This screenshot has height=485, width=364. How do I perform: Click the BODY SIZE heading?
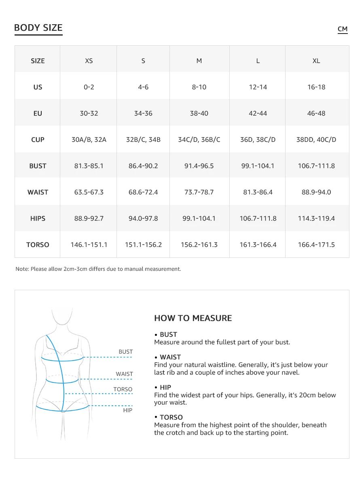[x=38, y=28]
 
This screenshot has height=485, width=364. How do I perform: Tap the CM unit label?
[x=343, y=29]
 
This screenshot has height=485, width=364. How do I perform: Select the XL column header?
[x=316, y=61]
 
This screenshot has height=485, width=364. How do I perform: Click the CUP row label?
[x=38, y=140]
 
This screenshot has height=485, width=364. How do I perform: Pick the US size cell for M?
[x=199, y=87]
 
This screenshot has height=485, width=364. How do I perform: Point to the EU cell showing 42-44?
[x=258, y=114]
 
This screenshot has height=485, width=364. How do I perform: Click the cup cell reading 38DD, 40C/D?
[x=316, y=140]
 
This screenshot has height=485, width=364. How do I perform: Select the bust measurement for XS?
[x=89, y=166]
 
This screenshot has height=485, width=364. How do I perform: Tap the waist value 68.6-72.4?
[x=143, y=192]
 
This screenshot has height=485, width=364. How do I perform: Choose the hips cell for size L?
[x=258, y=219]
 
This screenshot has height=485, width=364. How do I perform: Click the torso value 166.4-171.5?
[x=316, y=245]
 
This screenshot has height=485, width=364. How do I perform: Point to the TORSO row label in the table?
[x=38, y=245]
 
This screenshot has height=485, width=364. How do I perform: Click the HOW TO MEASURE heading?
[x=193, y=318]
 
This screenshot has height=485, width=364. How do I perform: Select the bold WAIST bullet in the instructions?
[x=170, y=357]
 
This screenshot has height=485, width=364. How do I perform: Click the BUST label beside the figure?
[x=125, y=352]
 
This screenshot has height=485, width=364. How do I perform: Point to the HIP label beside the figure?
[x=127, y=411]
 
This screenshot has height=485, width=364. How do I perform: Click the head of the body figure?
[x=63, y=315]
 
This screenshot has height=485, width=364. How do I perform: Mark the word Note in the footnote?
[x=22, y=269]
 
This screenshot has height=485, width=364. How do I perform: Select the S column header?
[x=143, y=61]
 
